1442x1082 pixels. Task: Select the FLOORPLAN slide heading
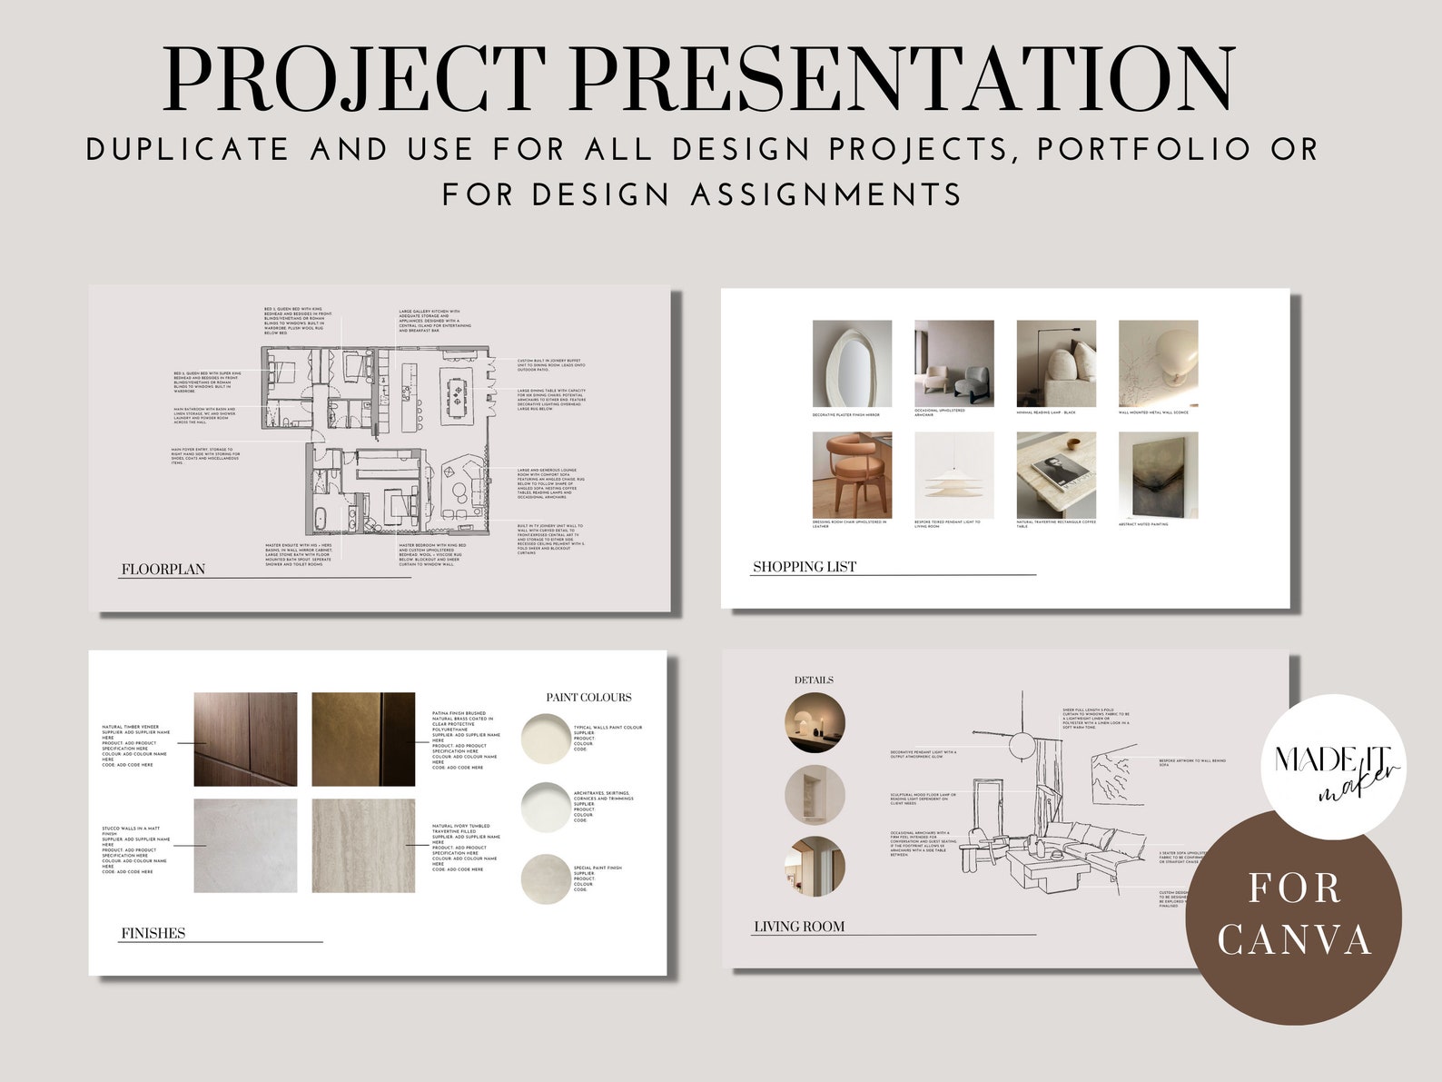(163, 570)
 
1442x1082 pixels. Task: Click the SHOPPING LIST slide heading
(805, 567)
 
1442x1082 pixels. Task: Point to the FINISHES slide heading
(153, 932)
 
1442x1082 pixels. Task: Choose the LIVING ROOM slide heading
(799, 927)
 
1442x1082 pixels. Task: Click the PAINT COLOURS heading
(588, 698)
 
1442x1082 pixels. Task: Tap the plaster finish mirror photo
(852, 364)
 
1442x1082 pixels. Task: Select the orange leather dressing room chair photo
(852, 475)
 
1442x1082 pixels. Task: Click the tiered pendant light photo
(953, 475)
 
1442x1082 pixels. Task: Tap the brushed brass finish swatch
(363, 740)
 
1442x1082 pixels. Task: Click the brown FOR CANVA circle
(1293, 916)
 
